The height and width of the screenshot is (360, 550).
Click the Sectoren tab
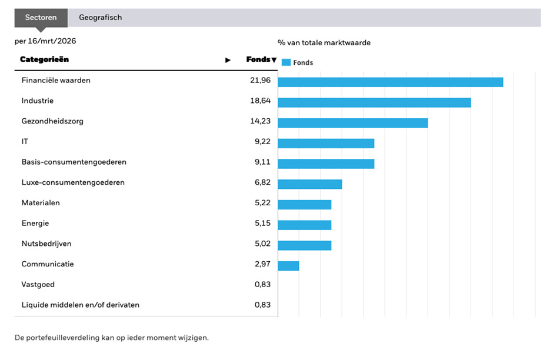tap(41, 17)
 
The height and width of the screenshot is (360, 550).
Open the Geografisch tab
tap(101, 17)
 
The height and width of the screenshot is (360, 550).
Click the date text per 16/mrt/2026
tap(45, 41)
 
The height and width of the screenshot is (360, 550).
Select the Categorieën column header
tap(44, 59)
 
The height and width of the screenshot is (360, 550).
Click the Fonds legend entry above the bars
tap(298, 62)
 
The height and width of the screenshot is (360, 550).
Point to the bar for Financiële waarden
tap(390, 82)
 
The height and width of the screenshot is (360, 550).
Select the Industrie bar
tap(374, 102)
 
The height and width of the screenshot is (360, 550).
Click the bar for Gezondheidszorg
tap(352, 123)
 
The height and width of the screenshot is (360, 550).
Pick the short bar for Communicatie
tap(288, 266)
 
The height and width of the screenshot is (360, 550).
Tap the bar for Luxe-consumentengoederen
tap(309, 184)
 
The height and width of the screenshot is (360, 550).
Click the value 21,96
tap(260, 81)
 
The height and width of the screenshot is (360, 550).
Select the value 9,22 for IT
tap(262, 142)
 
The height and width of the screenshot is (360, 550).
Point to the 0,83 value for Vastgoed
tap(262, 285)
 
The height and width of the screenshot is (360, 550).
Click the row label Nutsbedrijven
tap(46, 244)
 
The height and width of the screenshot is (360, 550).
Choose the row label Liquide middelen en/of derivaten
tap(81, 305)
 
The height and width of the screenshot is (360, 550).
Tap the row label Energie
tap(35, 224)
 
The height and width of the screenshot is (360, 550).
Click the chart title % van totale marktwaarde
tap(324, 42)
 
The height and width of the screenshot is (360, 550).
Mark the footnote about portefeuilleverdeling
tap(112, 338)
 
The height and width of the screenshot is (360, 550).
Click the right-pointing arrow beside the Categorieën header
tap(228, 60)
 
